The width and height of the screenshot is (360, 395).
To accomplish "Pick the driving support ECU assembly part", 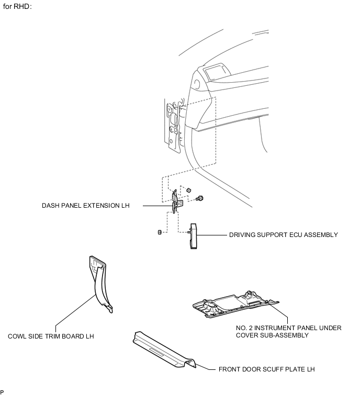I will [x=193, y=234].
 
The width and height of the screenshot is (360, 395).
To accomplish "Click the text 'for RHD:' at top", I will [x=18, y=9].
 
